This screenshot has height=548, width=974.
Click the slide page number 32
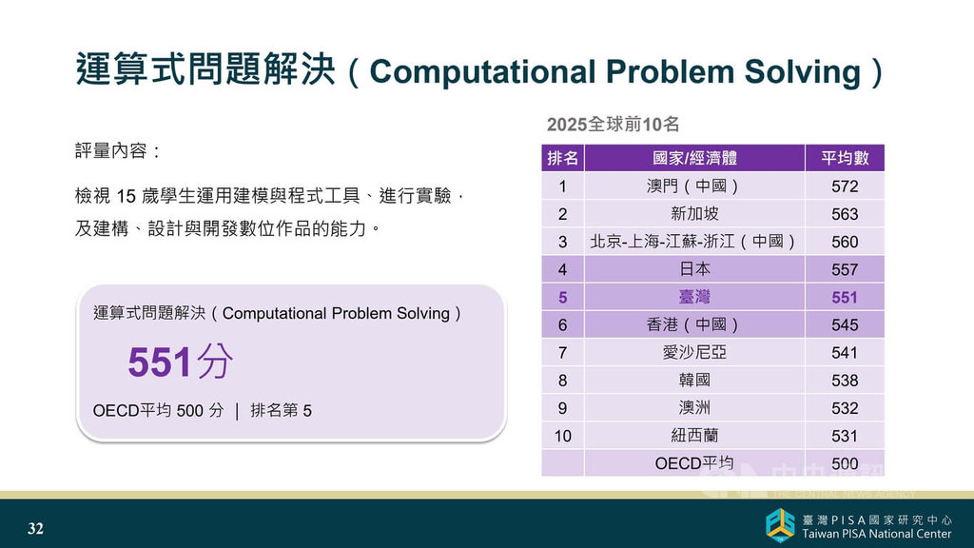point(35,528)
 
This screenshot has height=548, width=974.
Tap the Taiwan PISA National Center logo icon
point(780,525)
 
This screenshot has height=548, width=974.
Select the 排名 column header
point(563,158)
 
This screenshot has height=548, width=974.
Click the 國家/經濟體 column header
point(694,158)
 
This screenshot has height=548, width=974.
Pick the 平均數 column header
point(845,158)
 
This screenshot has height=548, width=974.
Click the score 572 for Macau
point(845,186)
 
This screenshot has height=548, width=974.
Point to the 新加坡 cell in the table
point(694,214)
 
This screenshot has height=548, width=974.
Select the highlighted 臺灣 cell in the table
point(694,297)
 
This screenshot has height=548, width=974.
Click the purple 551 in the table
point(845,298)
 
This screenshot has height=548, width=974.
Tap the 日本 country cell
point(694,269)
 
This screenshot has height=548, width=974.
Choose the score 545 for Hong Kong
point(845,325)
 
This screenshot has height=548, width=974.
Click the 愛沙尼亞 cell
point(694,352)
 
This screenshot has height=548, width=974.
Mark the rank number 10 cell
point(563,436)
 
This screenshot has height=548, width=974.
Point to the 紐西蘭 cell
point(694,436)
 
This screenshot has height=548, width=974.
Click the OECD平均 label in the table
point(694,463)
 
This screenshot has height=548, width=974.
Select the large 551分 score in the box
point(180,362)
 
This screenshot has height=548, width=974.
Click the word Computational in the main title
point(482,71)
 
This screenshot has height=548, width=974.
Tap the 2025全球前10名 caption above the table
point(614,125)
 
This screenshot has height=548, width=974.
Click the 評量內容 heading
point(117,151)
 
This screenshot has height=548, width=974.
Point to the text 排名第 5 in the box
point(281,410)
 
